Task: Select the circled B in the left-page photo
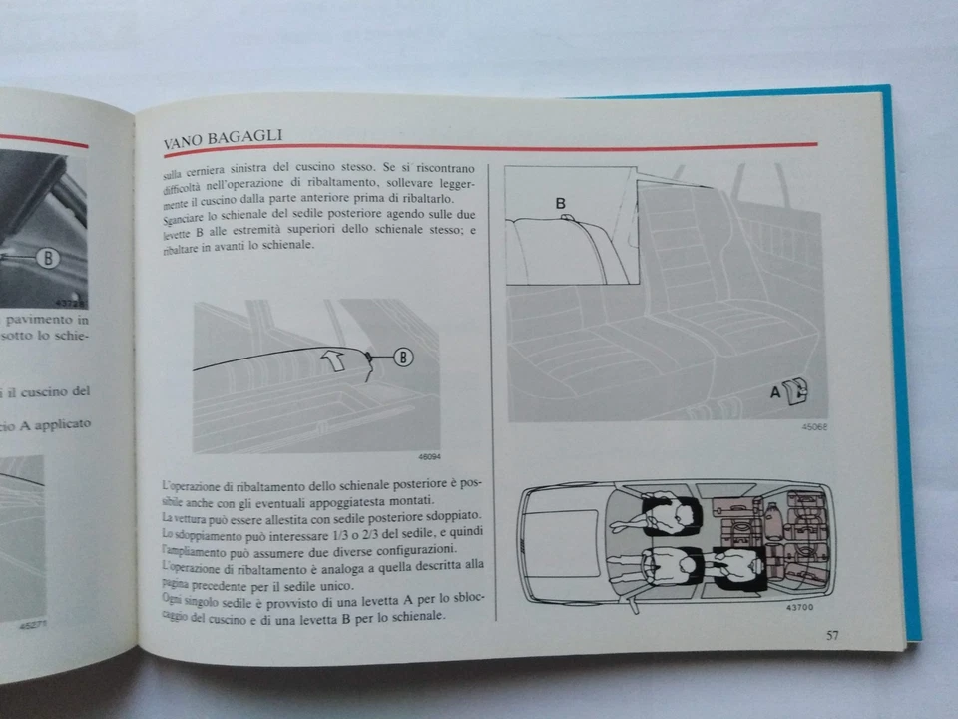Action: click(x=46, y=259)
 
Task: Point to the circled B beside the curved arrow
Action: click(x=402, y=356)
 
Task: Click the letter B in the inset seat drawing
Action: click(x=560, y=203)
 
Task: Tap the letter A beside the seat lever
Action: click(x=774, y=392)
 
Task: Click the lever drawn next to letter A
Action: click(x=796, y=391)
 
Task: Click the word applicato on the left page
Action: click(x=62, y=424)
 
